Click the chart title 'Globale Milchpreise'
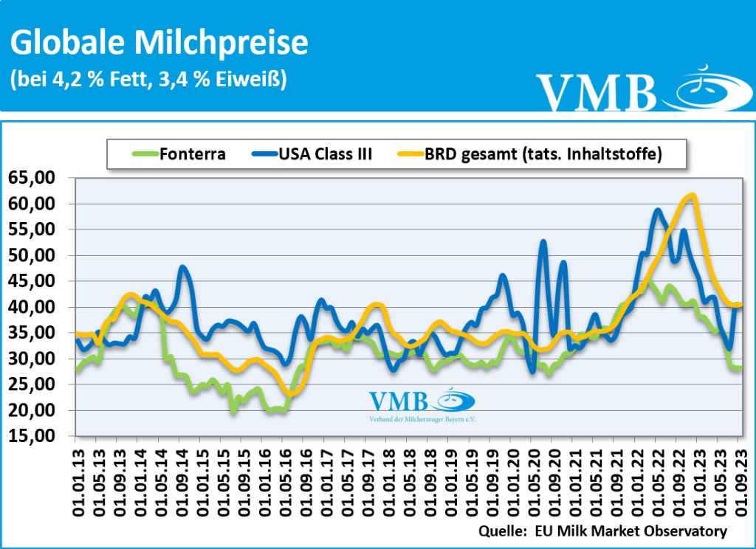pyautogui.click(x=159, y=43)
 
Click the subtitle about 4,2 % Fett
pyautogui.click(x=148, y=79)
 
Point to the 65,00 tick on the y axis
pyautogui.click(x=37, y=178)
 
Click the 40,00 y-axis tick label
pyautogui.click(x=37, y=307)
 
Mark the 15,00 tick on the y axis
pyautogui.click(x=37, y=436)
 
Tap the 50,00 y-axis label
pyautogui.click(x=37, y=255)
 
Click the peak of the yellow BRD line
pyautogui.click(x=692, y=196)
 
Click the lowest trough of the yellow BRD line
pyautogui.click(x=291, y=393)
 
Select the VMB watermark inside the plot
pyautogui.click(x=422, y=405)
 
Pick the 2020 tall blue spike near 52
pyautogui.click(x=543, y=241)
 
